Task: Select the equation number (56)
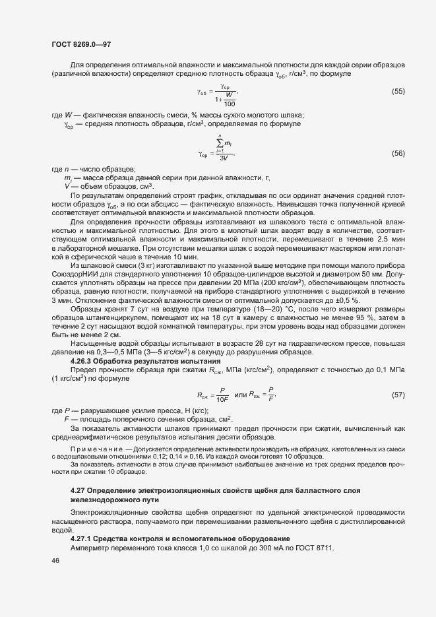click(398, 153)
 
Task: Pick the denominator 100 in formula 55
click(230, 104)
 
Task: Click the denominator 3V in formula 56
click(224, 158)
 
